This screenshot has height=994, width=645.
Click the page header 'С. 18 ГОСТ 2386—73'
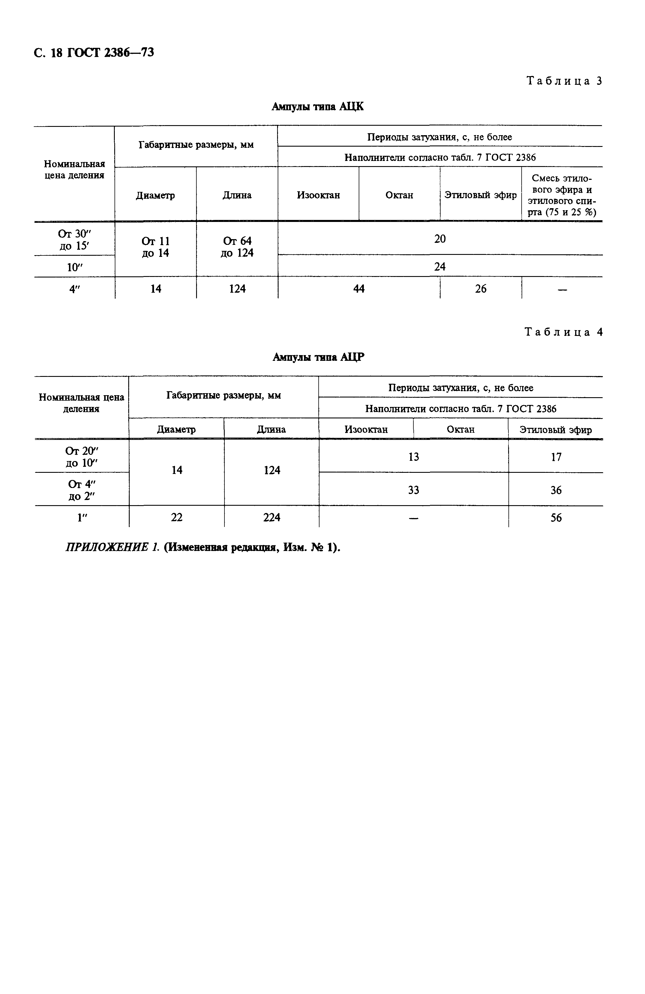(x=94, y=53)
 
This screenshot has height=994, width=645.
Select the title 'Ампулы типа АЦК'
(x=318, y=107)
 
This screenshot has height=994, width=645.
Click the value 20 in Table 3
(x=440, y=239)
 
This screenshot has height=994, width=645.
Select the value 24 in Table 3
(x=440, y=266)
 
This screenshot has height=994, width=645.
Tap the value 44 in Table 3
(x=359, y=289)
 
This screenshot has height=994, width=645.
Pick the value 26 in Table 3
(x=480, y=289)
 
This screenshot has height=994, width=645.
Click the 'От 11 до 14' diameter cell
(x=155, y=247)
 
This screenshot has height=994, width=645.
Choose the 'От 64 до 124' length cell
(x=237, y=247)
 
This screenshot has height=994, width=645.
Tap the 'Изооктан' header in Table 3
(x=318, y=195)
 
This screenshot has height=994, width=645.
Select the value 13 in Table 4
(x=413, y=457)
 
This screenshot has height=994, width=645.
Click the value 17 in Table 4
(x=556, y=457)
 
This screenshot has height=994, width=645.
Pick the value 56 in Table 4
(x=556, y=518)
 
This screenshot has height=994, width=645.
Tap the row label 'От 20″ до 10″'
(x=81, y=457)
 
